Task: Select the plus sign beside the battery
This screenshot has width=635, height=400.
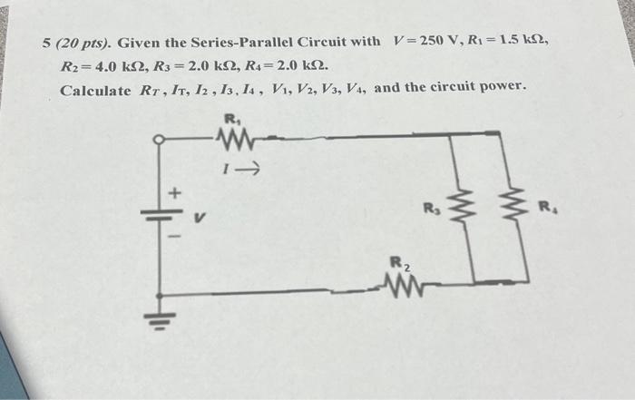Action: pos(178,193)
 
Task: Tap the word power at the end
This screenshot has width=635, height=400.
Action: pos(501,89)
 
